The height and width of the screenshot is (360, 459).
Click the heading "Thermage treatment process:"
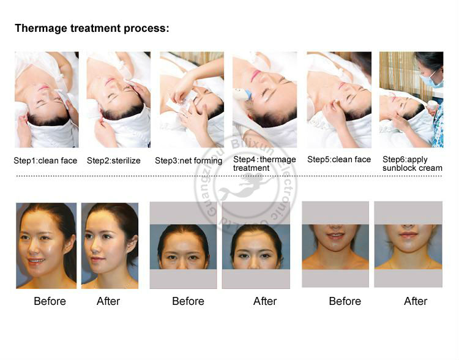point(92,28)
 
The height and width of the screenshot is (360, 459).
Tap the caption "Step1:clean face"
point(45,160)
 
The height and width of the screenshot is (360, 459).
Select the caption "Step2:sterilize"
point(114,160)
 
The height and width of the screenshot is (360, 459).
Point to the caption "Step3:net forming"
point(188,160)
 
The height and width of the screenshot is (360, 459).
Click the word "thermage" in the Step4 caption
point(278,159)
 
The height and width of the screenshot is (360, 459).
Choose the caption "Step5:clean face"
point(339,159)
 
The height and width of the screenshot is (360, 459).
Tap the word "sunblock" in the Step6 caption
point(400,168)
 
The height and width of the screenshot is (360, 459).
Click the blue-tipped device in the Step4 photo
point(242,94)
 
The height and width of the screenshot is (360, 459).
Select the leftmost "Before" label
point(50,301)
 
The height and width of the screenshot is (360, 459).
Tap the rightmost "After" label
point(416,301)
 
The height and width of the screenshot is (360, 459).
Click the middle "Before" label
point(188,301)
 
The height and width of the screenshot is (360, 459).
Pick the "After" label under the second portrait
point(108,301)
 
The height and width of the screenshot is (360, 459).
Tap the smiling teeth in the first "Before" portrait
point(36,260)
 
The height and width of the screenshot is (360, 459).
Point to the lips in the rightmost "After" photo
point(408,234)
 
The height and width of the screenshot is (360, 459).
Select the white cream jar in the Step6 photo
point(433,105)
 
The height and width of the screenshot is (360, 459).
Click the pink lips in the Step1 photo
point(44,88)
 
